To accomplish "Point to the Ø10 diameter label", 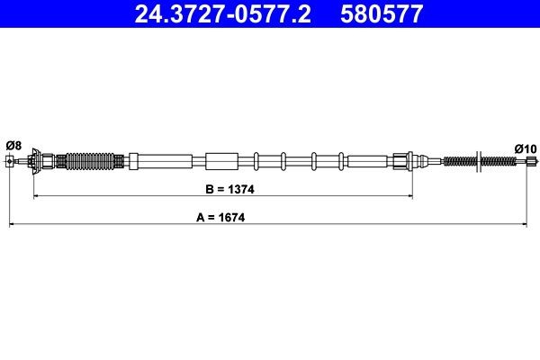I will click(x=525, y=148).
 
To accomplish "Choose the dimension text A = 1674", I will click(x=221, y=218).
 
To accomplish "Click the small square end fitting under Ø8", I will click(x=10, y=162).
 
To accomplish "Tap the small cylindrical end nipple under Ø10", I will click(x=529, y=162).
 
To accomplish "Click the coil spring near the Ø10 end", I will click(x=462, y=162).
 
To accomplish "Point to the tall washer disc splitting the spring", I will click(x=479, y=162).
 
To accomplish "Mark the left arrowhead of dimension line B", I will click(x=36, y=195).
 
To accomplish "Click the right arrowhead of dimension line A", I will click(x=527, y=222).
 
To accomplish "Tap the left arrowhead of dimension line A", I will click(x=12, y=222).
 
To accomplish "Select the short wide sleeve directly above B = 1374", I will click(x=219, y=162).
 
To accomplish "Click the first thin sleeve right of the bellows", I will click(x=134, y=162).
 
